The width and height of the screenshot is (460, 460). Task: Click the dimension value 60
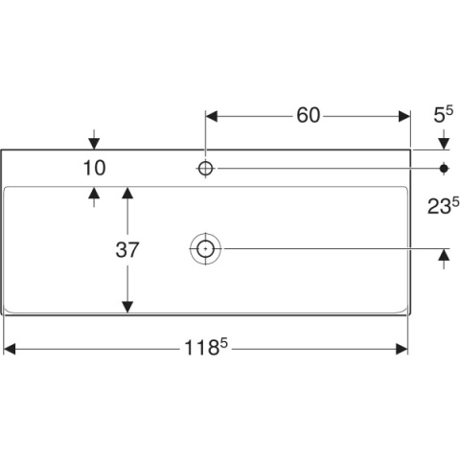click(x=308, y=115)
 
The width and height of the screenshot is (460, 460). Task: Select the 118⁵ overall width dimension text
click(x=206, y=347)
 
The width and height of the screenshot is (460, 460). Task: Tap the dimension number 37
click(x=127, y=250)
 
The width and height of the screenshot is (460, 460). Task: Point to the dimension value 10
click(x=94, y=168)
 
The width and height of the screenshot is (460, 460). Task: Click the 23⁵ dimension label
click(x=444, y=206)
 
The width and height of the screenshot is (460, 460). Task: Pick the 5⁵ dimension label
click(x=444, y=115)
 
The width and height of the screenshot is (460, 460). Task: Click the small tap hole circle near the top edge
click(x=205, y=168)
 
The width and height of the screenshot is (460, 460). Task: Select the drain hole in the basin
click(x=205, y=248)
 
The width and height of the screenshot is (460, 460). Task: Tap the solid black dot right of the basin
click(x=444, y=168)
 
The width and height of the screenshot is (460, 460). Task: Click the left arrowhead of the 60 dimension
click(x=212, y=116)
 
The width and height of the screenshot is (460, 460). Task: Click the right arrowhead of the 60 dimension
click(x=404, y=116)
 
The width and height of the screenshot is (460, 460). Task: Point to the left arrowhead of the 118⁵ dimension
click(x=9, y=349)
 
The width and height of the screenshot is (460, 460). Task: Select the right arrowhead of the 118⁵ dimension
click(x=402, y=349)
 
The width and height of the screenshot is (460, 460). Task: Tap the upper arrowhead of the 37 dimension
click(x=127, y=193)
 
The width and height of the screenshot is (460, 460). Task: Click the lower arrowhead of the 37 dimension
click(x=127, y=307)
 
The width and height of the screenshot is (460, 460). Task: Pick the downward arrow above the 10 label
click(x=94, y=140)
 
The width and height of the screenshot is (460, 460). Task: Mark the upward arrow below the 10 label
click(x=94, y=197)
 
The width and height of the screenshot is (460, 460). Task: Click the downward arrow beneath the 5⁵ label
click(x=444, y=140)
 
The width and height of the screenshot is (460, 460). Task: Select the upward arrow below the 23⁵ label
click(x=444, y=259)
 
